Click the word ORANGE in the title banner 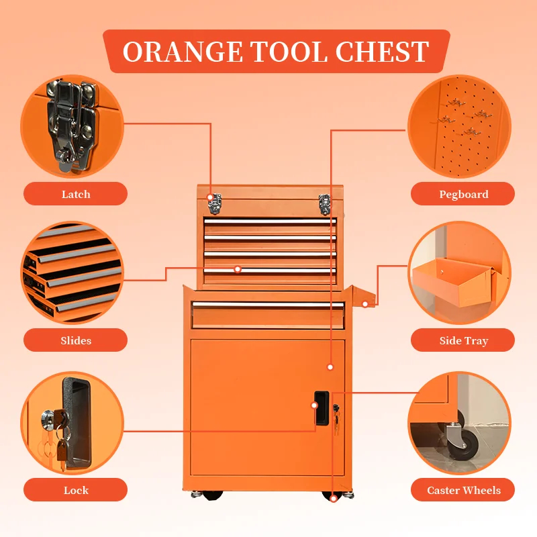[x=183, y=52]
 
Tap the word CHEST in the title [x=382, y=52]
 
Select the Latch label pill [x=75, y=194]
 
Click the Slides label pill [x=75, y=340]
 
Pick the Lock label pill [x=75, y=490]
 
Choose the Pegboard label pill [x=462, y=194]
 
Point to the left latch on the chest [x=215, y=204]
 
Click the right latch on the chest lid [x=324, y=204]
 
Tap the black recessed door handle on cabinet [x=322, y=408]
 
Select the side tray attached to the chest [x=364, y=297]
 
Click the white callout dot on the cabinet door [x=330, y=367]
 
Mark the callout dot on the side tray [x=365, y=304]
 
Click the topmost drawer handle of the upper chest [x=270, y=222]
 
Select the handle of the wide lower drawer [x=268, y=305]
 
